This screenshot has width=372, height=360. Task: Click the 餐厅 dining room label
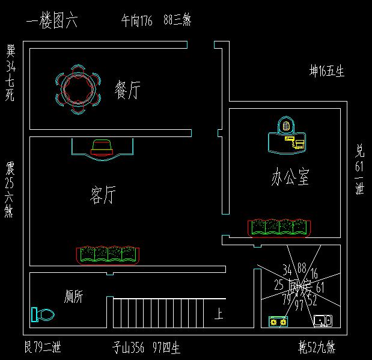[127, 91]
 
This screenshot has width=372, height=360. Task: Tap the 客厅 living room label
[102, 195]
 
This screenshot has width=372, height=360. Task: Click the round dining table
[76, 89]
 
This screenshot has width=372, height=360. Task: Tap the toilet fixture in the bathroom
[42, 314]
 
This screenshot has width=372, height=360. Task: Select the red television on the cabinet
[102, 147]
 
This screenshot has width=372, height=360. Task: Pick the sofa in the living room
[108, 254]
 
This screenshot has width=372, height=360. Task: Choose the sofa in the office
[280, 227]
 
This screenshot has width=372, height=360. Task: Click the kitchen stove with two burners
[278, 322]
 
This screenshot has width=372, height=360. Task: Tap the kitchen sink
[323, 321]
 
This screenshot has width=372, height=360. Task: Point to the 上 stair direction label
[219, 314]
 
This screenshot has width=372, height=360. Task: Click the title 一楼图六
[52, 22]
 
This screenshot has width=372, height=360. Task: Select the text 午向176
[137, 22]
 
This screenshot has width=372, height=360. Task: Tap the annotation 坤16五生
[327, 72]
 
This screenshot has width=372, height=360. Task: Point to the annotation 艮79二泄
[42, 347]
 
